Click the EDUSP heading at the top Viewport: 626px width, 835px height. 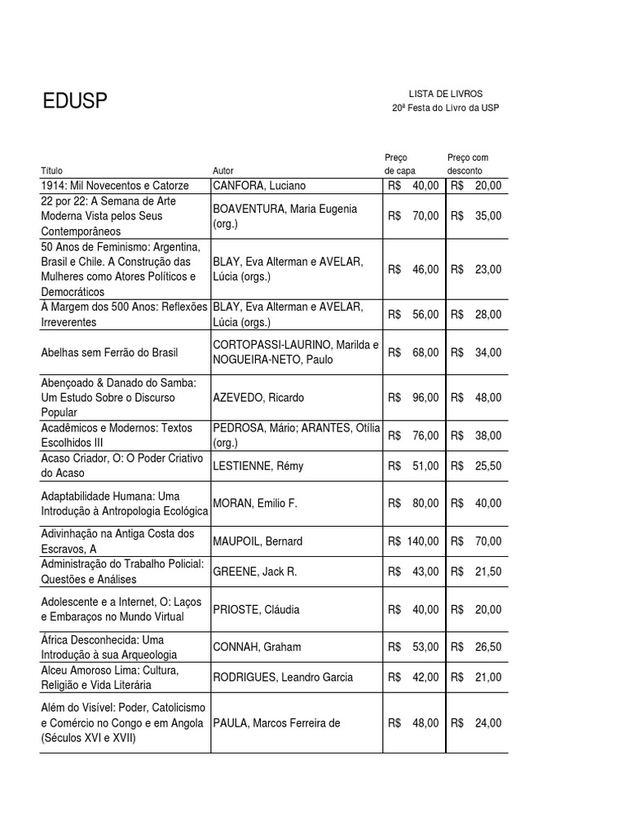(75, 102)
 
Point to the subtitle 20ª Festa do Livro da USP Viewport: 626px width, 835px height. (444, 108)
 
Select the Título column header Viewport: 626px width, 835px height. (51, 171)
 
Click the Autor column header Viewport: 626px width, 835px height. (223, 171)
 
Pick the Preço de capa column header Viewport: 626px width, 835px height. (399, 164)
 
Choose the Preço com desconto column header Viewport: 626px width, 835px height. (468, 164)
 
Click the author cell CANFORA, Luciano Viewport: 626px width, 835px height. (259, 186)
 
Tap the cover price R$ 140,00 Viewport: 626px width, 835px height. (414, 541)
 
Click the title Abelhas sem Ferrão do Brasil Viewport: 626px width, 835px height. (109, 352)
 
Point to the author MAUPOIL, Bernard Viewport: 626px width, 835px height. (258, 541)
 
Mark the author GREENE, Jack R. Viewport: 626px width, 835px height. (255, 572)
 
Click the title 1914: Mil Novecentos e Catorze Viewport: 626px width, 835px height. (115, 186)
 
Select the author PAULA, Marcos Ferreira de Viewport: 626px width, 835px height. (276, 722)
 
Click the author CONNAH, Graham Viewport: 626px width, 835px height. (257, 647)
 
